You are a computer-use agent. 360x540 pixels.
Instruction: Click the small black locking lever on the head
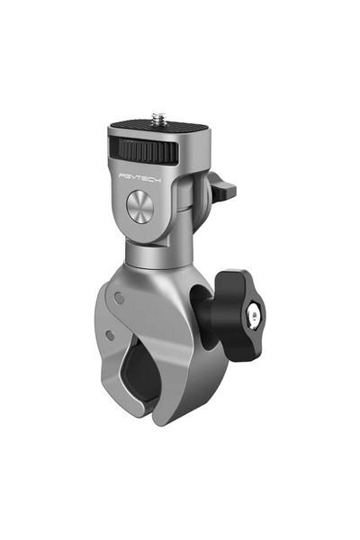222,190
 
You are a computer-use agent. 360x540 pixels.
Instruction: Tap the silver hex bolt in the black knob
257,314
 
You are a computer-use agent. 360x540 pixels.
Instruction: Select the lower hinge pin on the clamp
109,335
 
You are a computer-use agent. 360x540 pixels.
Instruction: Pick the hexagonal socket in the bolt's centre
258,314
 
